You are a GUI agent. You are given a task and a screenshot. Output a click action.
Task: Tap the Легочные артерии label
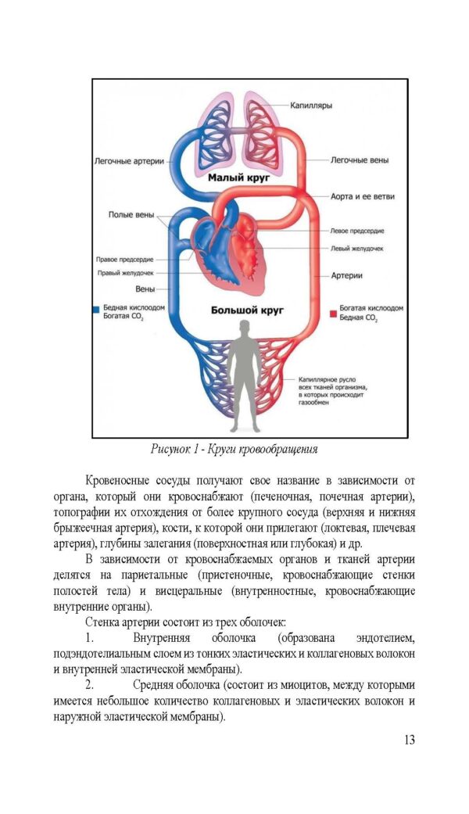(129, 161)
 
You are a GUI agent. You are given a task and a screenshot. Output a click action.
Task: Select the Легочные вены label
(359, 160)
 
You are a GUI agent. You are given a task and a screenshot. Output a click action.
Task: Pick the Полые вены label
(131, 214)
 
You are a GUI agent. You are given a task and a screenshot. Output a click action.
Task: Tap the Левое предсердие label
(357, 231)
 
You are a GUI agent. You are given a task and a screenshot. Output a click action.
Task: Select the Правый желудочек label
(125, 273)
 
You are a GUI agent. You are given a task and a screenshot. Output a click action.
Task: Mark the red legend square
(333, 312)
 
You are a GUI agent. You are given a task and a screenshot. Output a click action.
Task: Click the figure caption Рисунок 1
(234, 450)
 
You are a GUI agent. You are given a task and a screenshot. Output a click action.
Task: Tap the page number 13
(408, 740)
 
